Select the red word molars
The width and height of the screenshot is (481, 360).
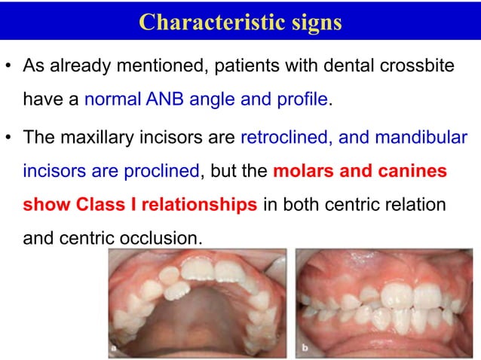(302, 171)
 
